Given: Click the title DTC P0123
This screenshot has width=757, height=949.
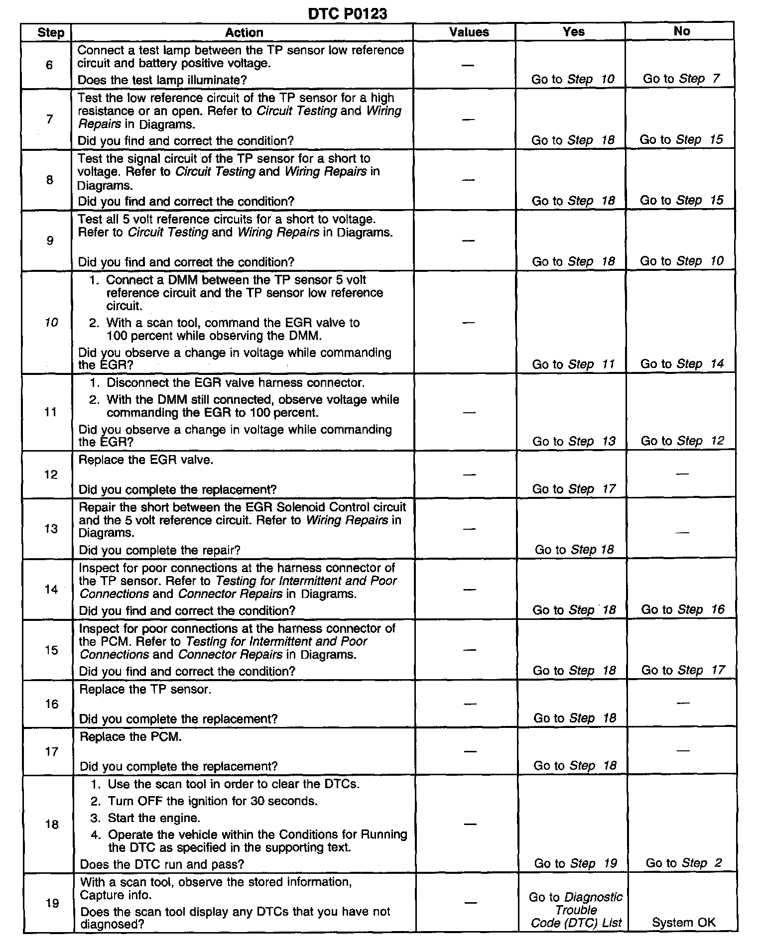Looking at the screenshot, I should [348, 13].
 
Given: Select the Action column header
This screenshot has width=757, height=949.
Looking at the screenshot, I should [244, 32].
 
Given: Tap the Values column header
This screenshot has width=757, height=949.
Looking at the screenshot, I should [469, 32].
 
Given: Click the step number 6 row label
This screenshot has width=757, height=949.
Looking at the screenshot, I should [49, 65].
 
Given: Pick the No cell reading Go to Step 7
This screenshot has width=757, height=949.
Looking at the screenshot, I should [681, 79].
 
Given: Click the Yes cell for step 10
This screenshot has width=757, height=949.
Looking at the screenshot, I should [573, 364].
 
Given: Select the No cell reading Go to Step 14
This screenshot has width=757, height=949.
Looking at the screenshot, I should [682, 364].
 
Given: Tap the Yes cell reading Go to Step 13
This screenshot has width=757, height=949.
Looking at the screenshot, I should [574, 441].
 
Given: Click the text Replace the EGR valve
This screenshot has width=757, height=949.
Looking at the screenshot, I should [146, 460].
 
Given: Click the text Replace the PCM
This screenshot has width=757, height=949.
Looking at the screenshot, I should [130, 736].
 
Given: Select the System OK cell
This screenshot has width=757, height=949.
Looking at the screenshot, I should [683, 922].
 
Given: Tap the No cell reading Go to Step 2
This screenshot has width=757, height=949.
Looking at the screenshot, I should [683, 863].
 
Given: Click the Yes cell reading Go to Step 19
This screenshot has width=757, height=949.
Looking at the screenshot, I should [575, 863].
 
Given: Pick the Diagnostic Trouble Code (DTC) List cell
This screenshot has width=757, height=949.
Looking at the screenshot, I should [576, 910].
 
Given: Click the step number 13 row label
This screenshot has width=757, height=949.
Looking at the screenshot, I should [51, 528].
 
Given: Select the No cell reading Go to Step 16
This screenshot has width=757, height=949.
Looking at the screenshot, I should [682, 609].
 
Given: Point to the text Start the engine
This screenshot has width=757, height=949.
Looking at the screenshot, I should [154, 818].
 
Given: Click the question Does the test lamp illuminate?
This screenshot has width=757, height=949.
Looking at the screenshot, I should [162, 80].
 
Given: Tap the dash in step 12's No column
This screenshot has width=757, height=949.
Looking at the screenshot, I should [682, 474].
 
